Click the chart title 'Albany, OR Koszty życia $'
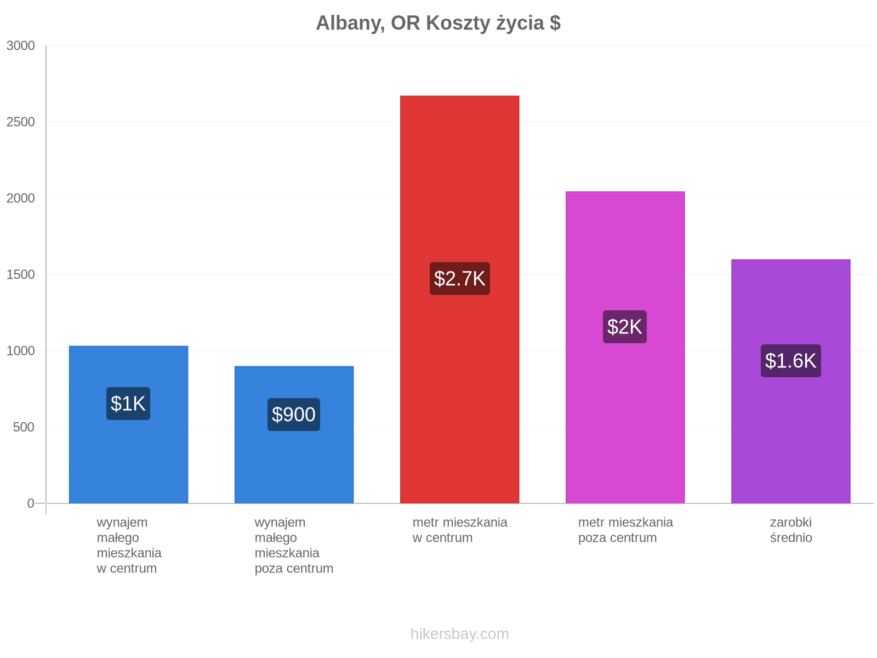click(x=438, y=23)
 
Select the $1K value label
click(x=128, y=404)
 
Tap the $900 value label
click(x=294, y=415)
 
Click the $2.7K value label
click(x=460, y=279)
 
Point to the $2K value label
click(x=625, y=327)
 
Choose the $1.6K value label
click(x=791, y=361)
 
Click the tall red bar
click(x=460, y=299)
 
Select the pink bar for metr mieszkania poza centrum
click(x=625, y=348)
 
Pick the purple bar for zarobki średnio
click(x=791, y=382)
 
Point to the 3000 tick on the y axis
click(x=20, y=46)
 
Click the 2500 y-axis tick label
click(x=20, y=122)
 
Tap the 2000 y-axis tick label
click(x=20, y=198)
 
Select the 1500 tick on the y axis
click(x=20, y=275)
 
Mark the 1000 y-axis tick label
click(x=20, y=351)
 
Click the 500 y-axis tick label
click(x=24, y=427)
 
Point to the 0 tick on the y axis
click(x=31, y=503)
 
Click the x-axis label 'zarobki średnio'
click(x=791, y=530)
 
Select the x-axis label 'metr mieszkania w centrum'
click(x=460, y=530)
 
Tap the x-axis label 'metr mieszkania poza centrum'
click(x=625, y=530)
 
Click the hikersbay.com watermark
click(x=460, y=634)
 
